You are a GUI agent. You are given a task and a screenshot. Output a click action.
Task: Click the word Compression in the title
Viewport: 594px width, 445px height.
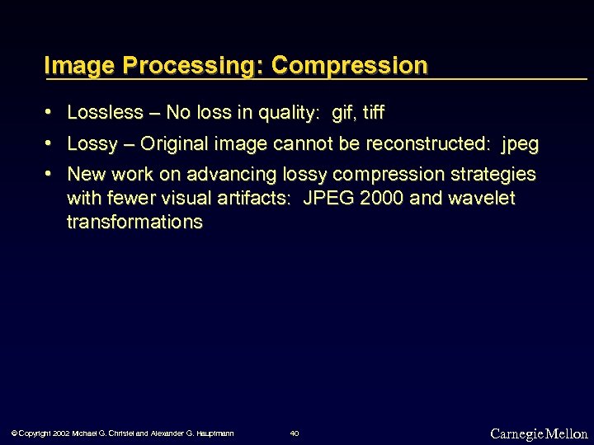point(349,65)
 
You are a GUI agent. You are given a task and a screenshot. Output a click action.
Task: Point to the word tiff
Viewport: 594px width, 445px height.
point(373,112)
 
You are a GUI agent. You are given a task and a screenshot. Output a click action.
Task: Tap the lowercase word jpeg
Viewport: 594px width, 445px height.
point(520,145)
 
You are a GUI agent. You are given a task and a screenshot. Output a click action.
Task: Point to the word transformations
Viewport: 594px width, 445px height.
point(134,222)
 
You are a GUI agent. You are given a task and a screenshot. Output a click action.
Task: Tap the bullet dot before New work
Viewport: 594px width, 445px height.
point(50,175)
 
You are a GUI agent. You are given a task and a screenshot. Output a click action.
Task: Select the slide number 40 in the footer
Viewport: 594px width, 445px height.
point(295,433)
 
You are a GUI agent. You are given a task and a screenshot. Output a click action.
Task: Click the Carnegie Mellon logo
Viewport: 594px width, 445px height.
point(539,433)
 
